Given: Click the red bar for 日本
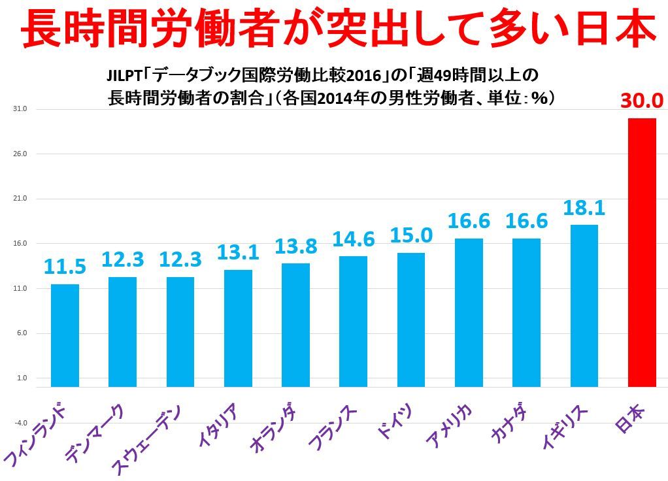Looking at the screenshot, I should click(x=641, y=252).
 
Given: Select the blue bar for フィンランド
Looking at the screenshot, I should click(x=65, y=335).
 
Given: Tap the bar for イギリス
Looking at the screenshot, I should click(x=584, y=305).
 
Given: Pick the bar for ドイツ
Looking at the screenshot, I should click(x=410, y=320).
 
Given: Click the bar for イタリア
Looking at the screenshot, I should click(x=238, y=328).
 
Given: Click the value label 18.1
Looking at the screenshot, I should click(x=584, y=208).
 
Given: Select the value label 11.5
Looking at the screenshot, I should click(x=65, y=267).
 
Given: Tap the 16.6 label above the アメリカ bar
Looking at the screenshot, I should click(x=469, y=221).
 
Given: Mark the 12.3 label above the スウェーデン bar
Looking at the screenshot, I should click(x=180, y=259).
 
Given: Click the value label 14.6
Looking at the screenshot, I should click(x=353, y=239).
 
